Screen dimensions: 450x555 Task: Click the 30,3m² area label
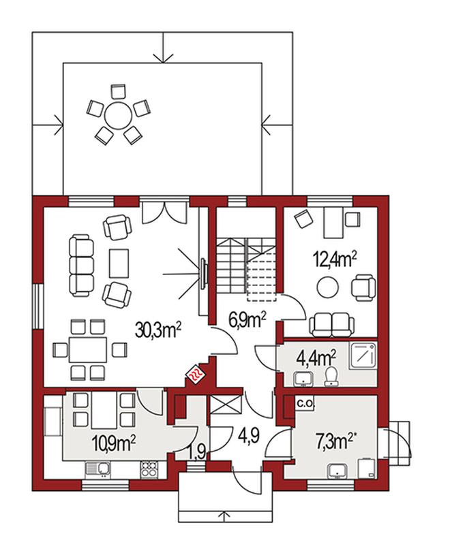tap(158, 330)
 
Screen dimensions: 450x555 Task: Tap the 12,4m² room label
tap(334, 260)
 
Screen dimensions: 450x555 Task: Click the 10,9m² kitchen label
tap(114, 442)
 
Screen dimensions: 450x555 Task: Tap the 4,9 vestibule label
tap(249, 436)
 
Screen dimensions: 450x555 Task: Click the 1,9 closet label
tap(196, 453)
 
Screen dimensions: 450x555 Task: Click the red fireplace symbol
tap(195, 374)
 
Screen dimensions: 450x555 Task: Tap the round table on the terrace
tap(118, 116)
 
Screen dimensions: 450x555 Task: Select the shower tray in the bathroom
tap(363, 356)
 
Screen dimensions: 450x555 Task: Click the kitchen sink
tap(97, 469)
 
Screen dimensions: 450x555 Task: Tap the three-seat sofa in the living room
tap(82, 265)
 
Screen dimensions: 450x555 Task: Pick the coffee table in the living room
tap(119, 264)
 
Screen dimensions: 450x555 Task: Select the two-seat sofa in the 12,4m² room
tap(332, 324)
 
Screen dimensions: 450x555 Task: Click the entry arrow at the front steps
tap(224, 515)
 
